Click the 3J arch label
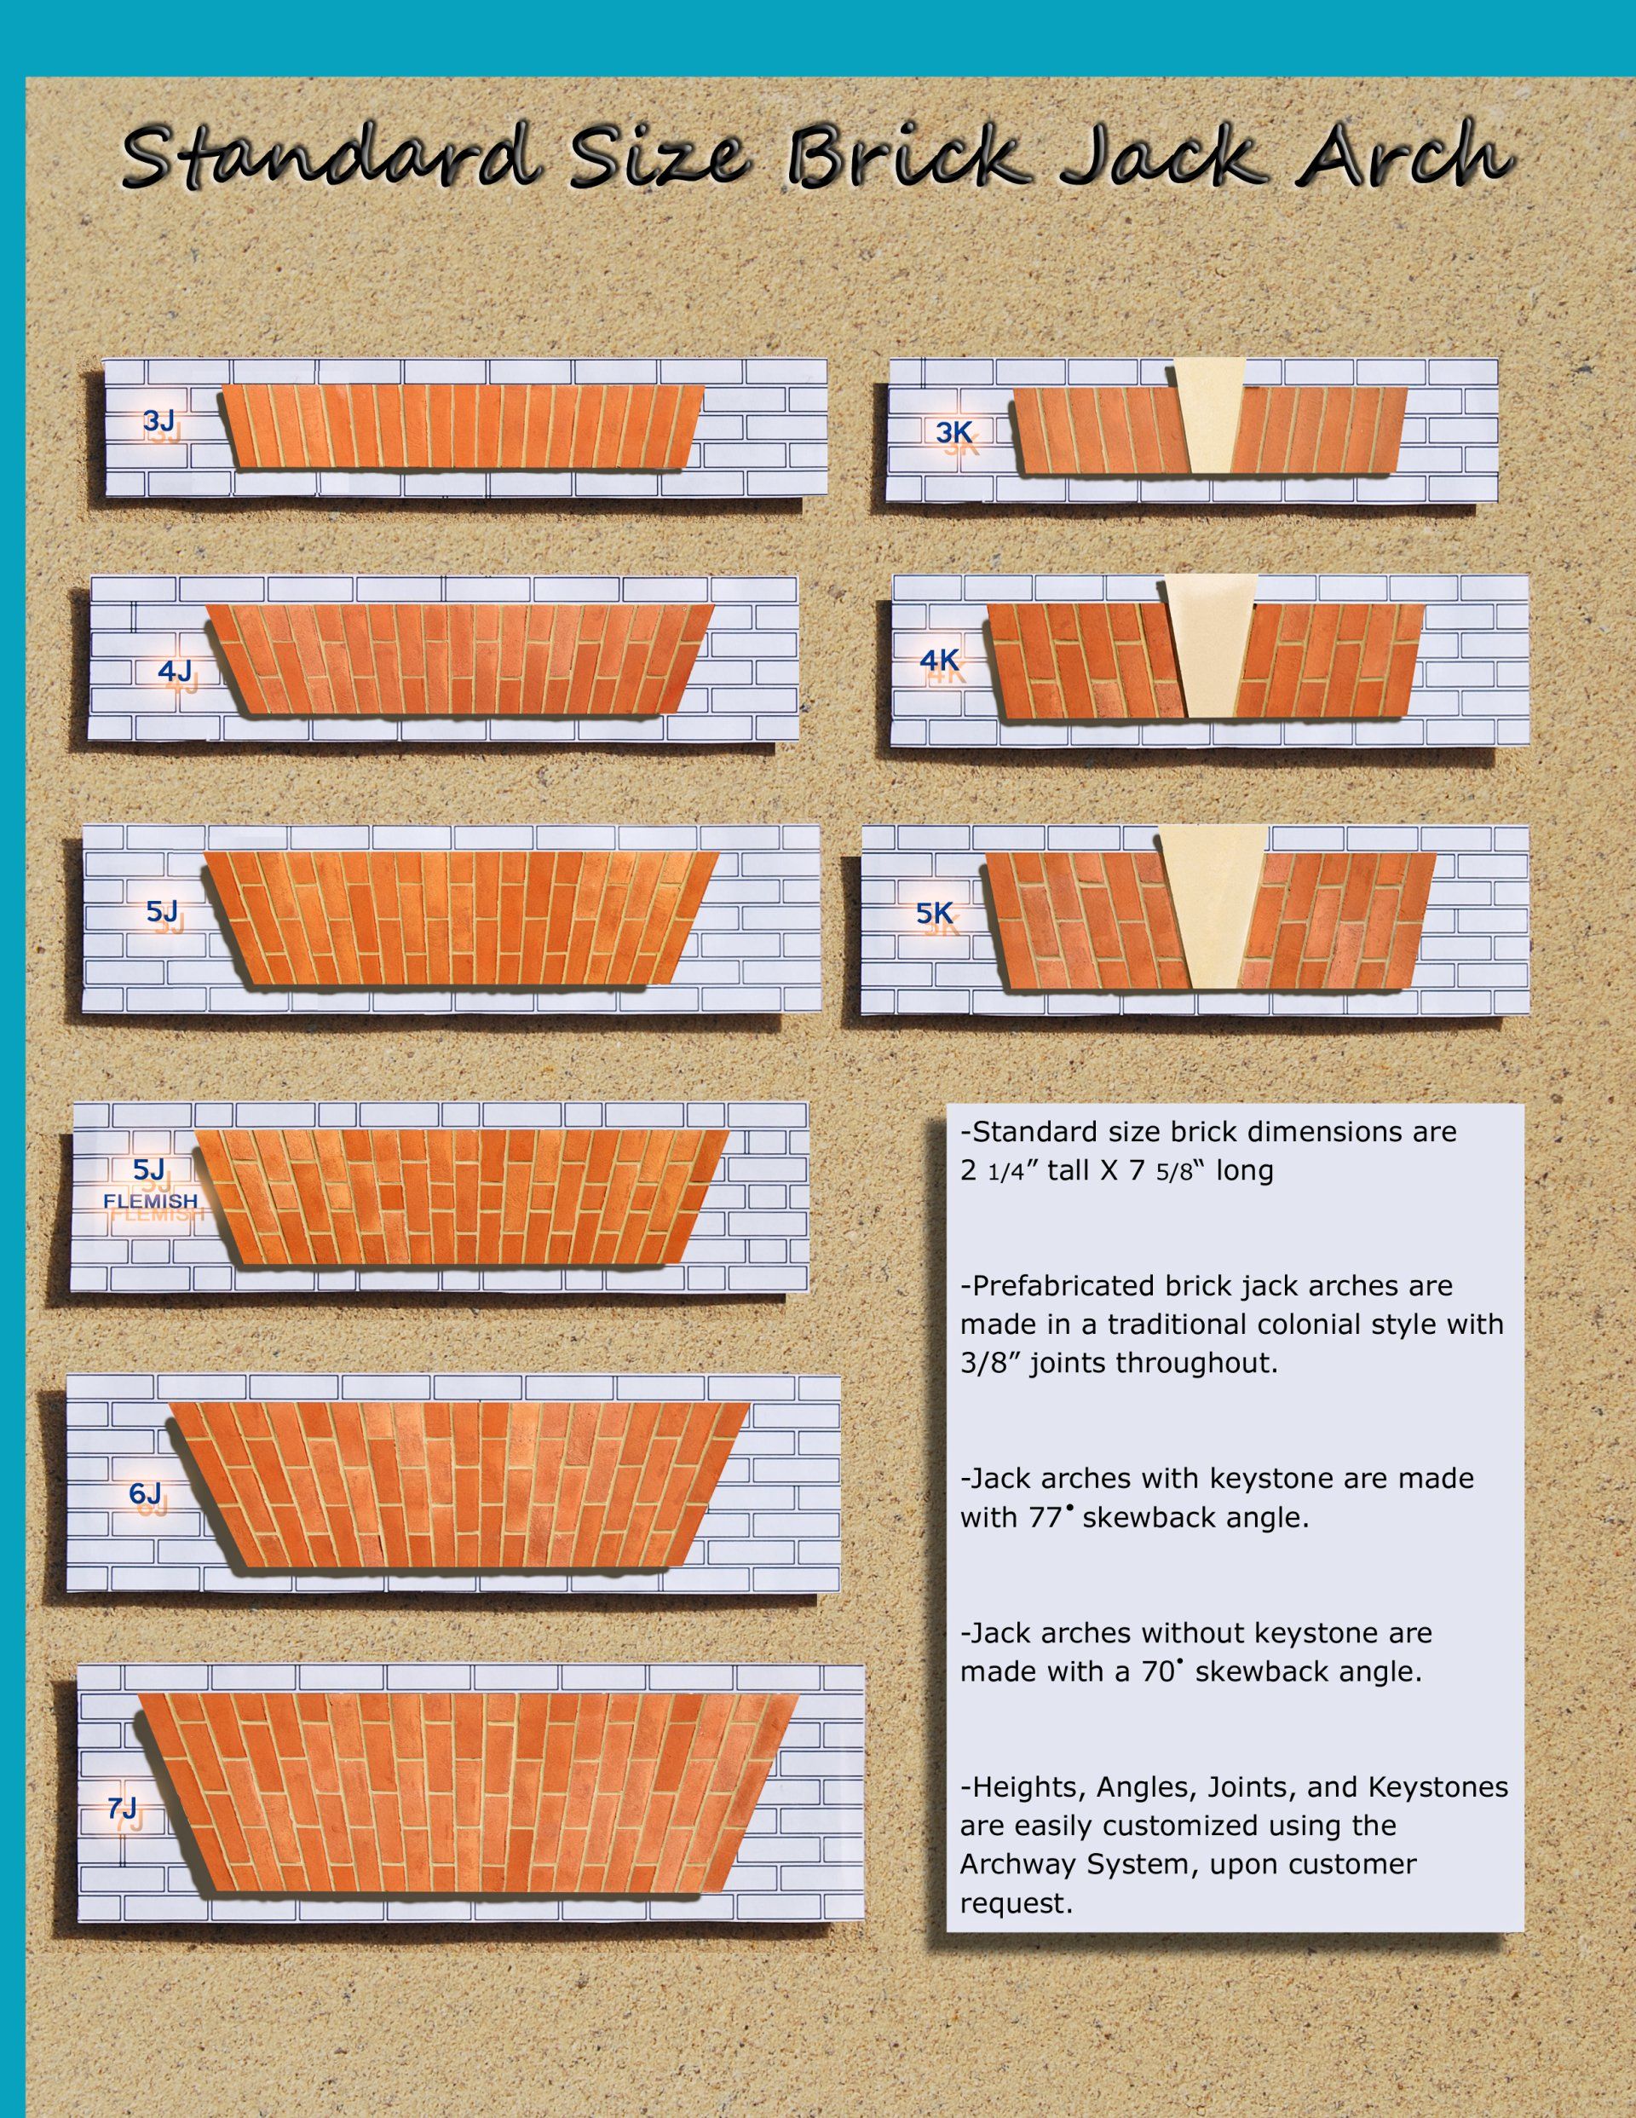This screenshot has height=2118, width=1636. pyautogui.click(x=159, y=421)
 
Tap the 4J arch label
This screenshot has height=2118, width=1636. pyautogui.click(x=175, y=670)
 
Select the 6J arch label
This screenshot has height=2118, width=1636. pyautogui.click(x=146, y=1493)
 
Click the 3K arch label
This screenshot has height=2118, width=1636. pyautogui.click(x=954, y=432)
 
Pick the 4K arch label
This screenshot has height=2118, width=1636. pyautogui.click(x=939, y=661)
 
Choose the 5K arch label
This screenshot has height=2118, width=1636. pyautogui.click(x=935, y=913)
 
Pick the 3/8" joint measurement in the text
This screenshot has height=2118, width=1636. pyautogui.click(x=990, y=1363)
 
